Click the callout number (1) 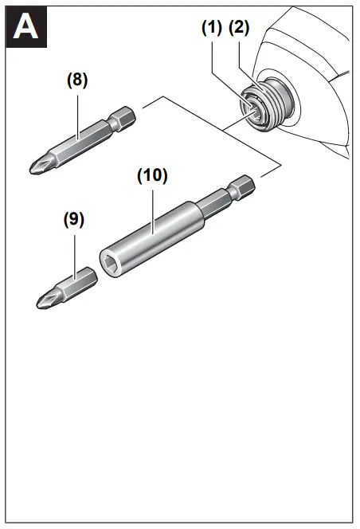click(211, 27)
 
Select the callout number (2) click(239, 27)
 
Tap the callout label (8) click(77, 80)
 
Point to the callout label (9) click(74, 218)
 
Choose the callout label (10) click(152, 176)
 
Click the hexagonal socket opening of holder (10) click(109, 261)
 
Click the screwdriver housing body click(319, 80)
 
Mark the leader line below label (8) click(77, 112)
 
